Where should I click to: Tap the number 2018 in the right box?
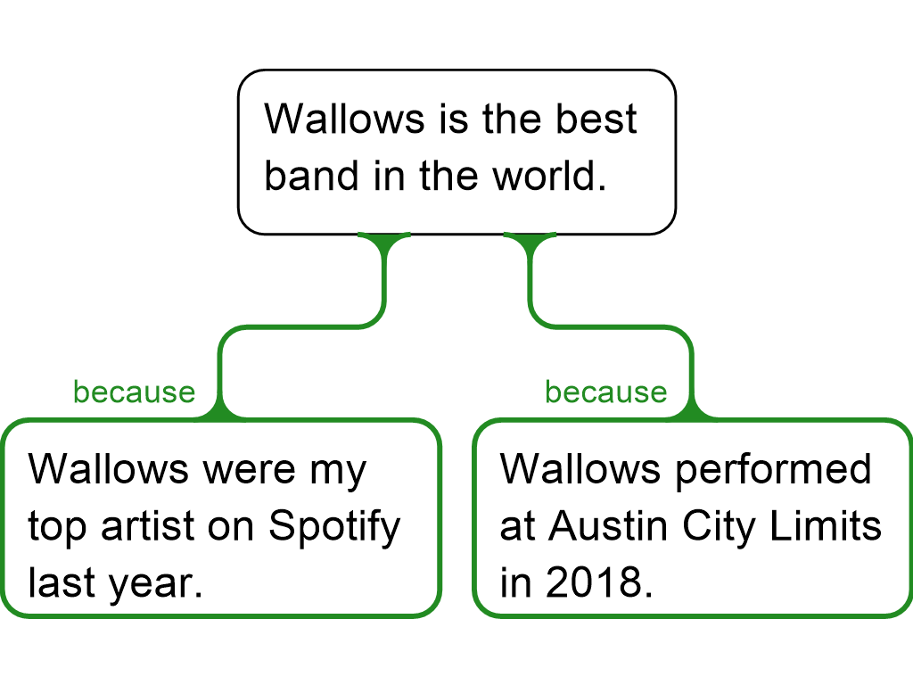click(600, 582)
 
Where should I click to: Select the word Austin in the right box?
click(608, 526)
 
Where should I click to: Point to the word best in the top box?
click(596, 120)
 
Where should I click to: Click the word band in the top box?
click(311, 176)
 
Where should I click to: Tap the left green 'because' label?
click(134, 392)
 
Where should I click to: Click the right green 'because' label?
click(606, 392)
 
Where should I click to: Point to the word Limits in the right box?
click(826, 526)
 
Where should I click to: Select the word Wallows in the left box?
click(109, 469)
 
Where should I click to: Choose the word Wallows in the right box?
click(580, 469)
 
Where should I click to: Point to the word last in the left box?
click(62, 582)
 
